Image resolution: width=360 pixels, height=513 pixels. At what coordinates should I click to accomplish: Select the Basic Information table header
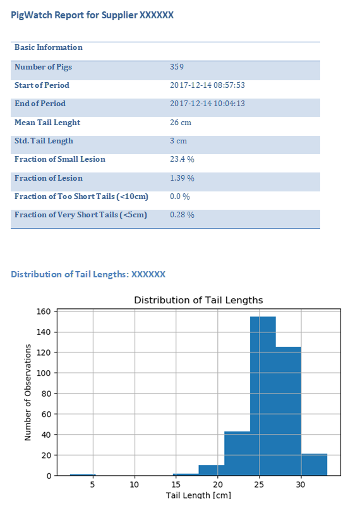[49, 47]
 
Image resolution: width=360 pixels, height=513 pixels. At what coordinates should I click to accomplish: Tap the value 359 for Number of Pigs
[177, 67]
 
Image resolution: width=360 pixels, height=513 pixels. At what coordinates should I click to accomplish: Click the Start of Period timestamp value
[207, 85]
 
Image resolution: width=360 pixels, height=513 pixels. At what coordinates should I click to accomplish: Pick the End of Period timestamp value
[207, 104]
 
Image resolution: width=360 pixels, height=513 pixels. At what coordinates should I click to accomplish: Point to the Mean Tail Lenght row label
[47, 123]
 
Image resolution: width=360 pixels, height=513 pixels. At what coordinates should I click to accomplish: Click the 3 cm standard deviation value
[178, 141]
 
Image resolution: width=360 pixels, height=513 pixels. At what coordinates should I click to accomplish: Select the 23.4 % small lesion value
[182, 159]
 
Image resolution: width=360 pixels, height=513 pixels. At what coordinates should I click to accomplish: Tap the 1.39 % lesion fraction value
[182, 178]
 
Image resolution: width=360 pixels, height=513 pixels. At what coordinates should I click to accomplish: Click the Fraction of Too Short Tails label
[81, 196]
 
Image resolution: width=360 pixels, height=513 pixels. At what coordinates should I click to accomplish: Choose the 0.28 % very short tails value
[182, 215]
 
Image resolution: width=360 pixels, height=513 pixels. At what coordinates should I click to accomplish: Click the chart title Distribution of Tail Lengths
[198, 300]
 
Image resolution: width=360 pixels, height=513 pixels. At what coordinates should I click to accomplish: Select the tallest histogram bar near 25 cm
[263, 396]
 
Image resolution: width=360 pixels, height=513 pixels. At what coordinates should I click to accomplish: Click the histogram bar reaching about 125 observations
[289, 411]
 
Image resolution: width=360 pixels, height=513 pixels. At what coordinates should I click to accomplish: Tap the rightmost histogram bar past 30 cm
[314, 464]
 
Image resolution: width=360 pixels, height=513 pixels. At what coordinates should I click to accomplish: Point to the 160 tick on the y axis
[44, 311]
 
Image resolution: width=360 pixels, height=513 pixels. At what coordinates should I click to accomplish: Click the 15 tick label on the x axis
[176, 484]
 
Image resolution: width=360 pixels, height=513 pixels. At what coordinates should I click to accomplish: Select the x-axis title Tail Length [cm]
[198, 495]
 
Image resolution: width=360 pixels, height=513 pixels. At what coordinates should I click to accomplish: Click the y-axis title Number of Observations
[28, 392]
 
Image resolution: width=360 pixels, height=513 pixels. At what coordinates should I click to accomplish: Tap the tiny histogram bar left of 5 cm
[83, 474]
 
